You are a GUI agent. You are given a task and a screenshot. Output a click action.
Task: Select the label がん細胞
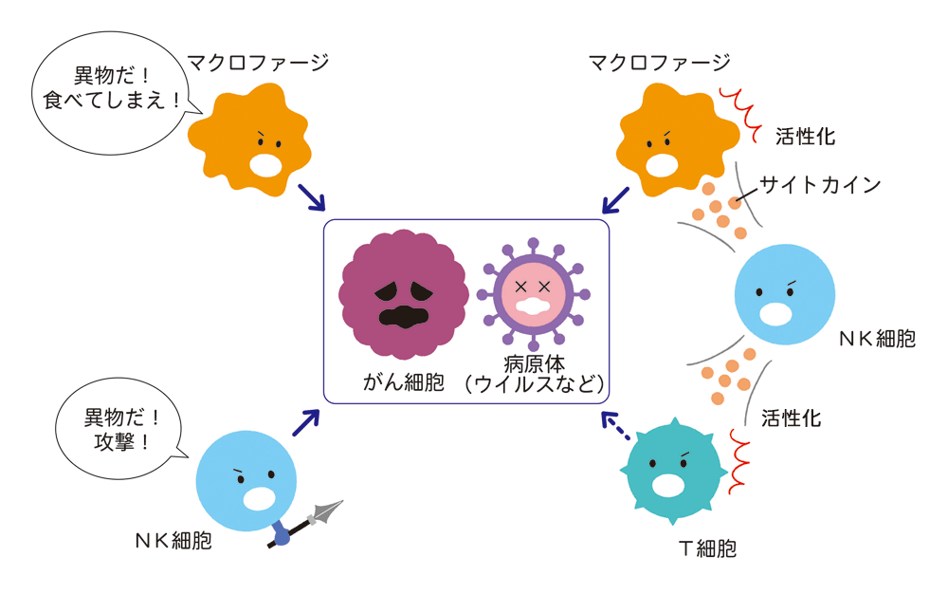(403, 382)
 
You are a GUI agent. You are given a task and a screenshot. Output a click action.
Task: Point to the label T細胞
(707, 548)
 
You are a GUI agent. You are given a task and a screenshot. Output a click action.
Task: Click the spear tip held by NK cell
(328, 511)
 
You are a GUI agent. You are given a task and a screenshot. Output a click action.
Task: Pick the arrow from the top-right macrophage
(615, 199)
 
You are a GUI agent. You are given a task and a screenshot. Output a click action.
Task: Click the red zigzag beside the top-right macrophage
(740, 114)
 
